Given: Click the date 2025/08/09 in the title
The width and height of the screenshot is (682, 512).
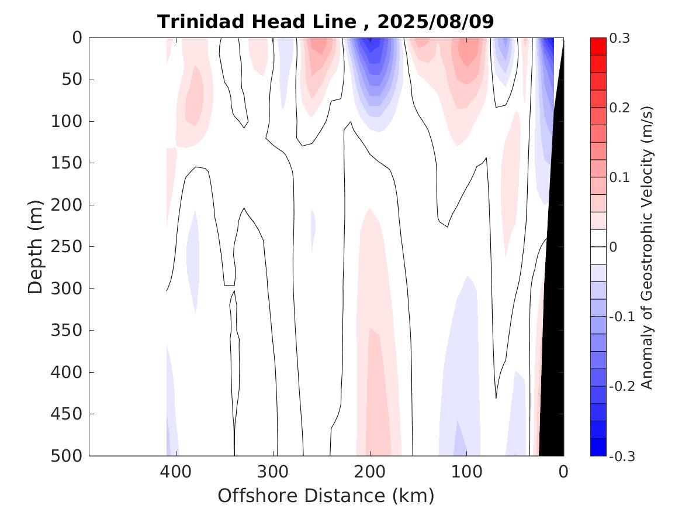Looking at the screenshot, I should (x=436, y=22).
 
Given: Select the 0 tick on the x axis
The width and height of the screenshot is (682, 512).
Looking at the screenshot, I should (x=563, y=471).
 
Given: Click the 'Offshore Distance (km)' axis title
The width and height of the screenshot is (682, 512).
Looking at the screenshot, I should (x=326, y=496).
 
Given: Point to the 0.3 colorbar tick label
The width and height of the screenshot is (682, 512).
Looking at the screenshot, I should (x=619, y=38).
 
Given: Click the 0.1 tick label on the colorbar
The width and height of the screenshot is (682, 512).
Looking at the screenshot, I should (x=619, y=177).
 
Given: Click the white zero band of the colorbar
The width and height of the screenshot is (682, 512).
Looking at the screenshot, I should (x=598, y=247).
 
